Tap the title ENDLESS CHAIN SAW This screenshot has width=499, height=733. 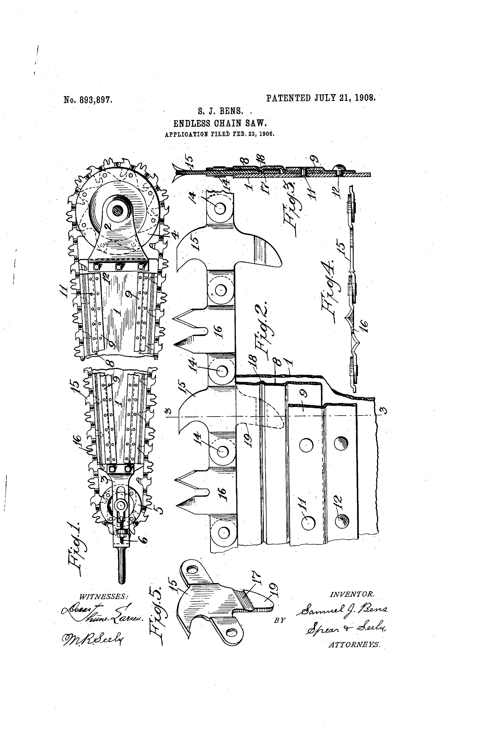click(x=220, y=124)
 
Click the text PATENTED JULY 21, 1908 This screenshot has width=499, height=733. click(x=321, y=98)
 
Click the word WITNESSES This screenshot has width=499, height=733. click(x=103, y=596)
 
